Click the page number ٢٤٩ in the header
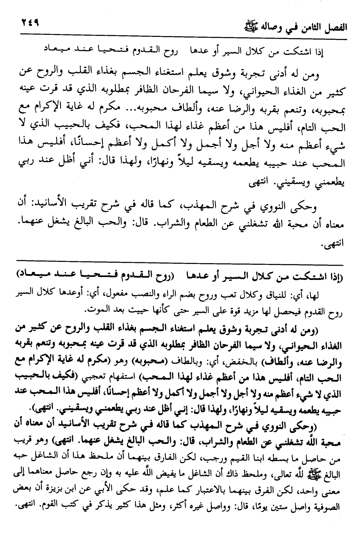27,24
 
